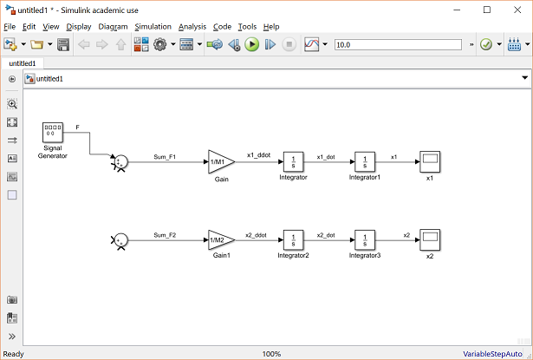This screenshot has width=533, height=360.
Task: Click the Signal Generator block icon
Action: [x=54, y=134]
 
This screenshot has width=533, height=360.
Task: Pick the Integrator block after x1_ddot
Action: [x=293, y=162]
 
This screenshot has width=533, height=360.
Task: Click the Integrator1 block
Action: [x=364, y=162]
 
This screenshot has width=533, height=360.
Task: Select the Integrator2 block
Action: [x=293, y=239]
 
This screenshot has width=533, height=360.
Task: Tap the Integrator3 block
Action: [x=364, y=239]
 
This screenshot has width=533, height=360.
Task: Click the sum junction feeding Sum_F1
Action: [x=123, y=162]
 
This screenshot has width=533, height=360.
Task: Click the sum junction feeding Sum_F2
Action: [x=123, y=239]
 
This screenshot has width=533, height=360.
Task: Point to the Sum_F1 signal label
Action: [x=165, y=157]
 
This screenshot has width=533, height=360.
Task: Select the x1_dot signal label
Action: [x=326, y=157]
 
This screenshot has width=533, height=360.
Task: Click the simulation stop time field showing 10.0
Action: [x=399, y=44]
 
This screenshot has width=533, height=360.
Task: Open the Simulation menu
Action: [x=153, y=27]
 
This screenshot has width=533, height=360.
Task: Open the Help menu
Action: [x=271, y=27]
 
